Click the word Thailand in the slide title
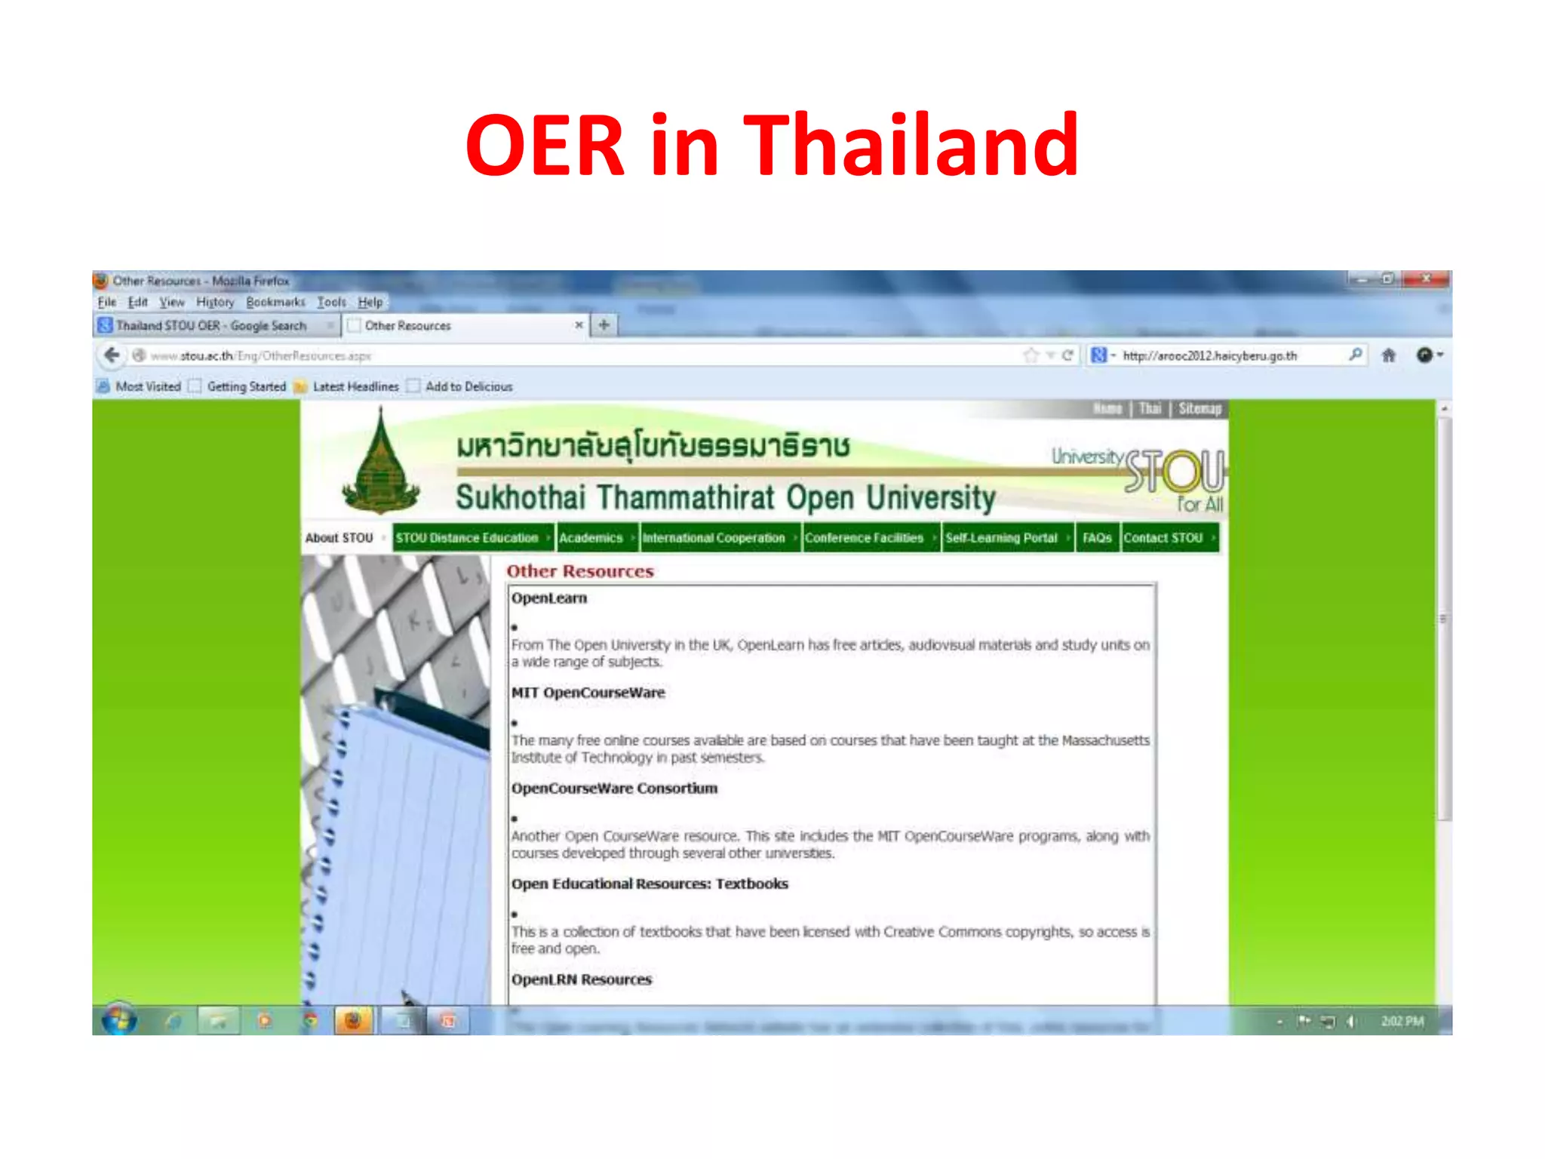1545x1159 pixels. (911, 146)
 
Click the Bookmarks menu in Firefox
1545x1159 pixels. (275, 303)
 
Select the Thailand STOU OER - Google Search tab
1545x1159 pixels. (211, 326)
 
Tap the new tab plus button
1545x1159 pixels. (604, 325)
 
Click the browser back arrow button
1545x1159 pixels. (112, 355)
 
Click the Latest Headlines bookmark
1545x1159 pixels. (355, 387)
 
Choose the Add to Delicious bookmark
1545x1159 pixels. (468, 387)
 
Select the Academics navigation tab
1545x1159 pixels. (591, 538)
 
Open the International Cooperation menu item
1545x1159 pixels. (714, 538)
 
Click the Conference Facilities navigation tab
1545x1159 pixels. (864, 538)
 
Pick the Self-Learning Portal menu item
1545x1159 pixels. (1001, 538)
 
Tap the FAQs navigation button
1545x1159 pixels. (1097, 538)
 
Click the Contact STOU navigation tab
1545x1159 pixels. (1163, 538)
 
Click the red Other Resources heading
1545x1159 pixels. (579, 571)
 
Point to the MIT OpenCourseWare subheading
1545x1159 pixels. (588, 693)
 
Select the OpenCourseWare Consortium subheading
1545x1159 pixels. (614, 789)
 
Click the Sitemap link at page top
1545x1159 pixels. (1199, 409)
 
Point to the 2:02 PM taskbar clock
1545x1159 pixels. (1402, 1022)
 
